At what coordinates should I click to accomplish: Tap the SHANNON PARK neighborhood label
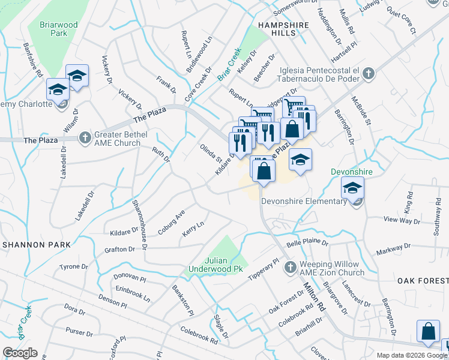[36, 245]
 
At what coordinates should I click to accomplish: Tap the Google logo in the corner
[20, 352]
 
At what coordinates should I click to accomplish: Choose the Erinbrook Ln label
[134, 292]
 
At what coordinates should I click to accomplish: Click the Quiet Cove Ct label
[401, 21]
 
